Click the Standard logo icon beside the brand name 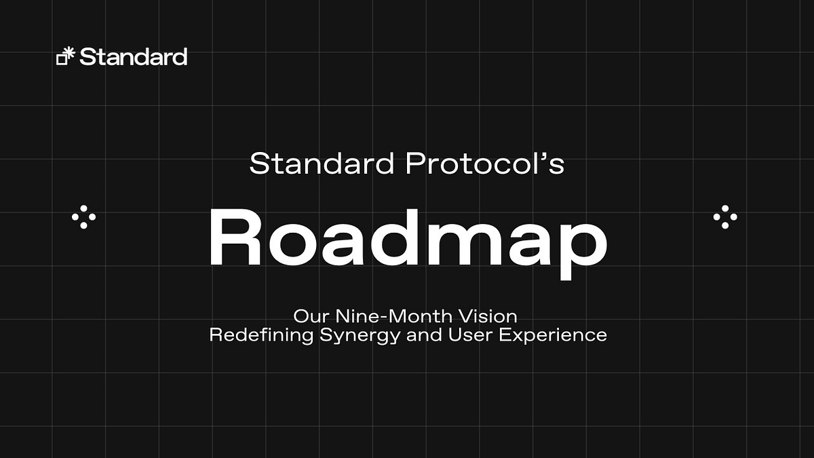pos(64,57)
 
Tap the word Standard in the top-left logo pos(133,57)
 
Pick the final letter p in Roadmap pos(582,247)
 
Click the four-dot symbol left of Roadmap pos(83,217)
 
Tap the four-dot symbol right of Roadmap pos(725,217)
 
